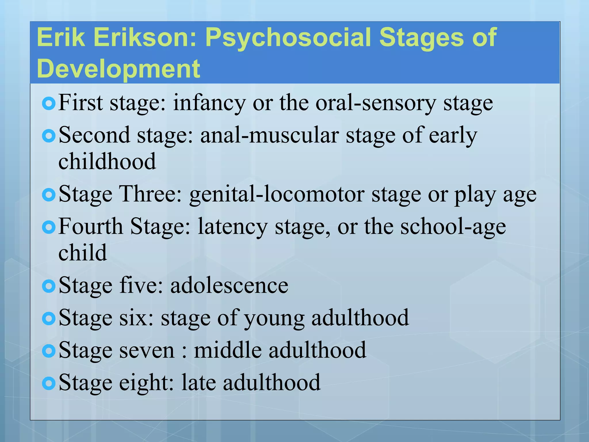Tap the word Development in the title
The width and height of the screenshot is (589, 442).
[118, 69]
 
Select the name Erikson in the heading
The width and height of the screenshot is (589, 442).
[145, 37]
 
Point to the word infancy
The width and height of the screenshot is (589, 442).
[209, 103]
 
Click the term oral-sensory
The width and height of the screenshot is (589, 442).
[376, 103]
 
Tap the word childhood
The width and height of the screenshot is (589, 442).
[107, 161]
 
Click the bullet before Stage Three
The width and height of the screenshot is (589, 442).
[48, 195]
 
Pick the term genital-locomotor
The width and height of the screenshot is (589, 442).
[277, 195]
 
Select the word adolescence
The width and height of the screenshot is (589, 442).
[229, 286]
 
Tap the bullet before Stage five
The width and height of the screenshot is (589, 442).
[48, 286]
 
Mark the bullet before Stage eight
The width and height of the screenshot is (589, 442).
[48, 383]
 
